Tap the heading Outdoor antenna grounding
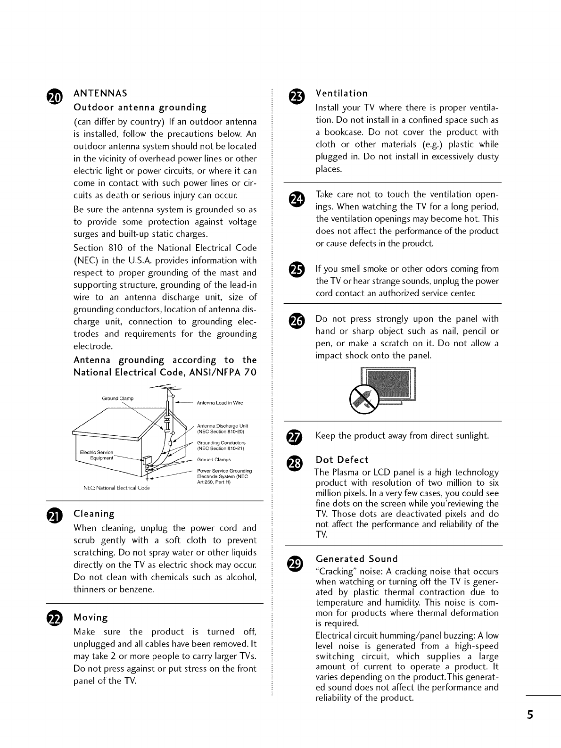[x=140, y=108]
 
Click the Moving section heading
[x=91, y=618]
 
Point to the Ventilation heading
[x=341, y=93]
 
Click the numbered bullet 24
[x=297, y=199]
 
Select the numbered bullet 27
[x=297, y=436]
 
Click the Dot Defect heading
[x=342, y=460]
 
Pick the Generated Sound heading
[x=357, y=559]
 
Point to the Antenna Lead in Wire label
[x=220, y=403]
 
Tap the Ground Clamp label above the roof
[x=118, y=399]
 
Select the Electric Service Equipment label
[x=97, y=455]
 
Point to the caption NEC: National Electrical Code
[x=116, y=488]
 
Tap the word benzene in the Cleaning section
[x=138, y=590]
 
